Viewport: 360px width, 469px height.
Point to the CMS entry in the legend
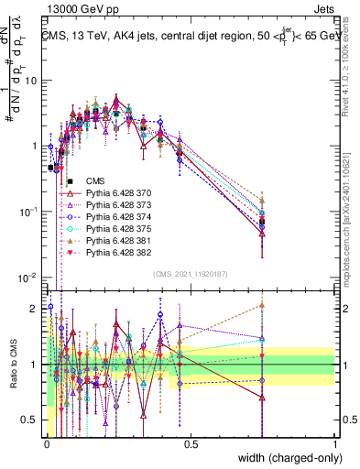tap(95, 181)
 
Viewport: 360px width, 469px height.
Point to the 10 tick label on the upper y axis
tap(31, 81)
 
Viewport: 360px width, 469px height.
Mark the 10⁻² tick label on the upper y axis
tap(27, 278)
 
